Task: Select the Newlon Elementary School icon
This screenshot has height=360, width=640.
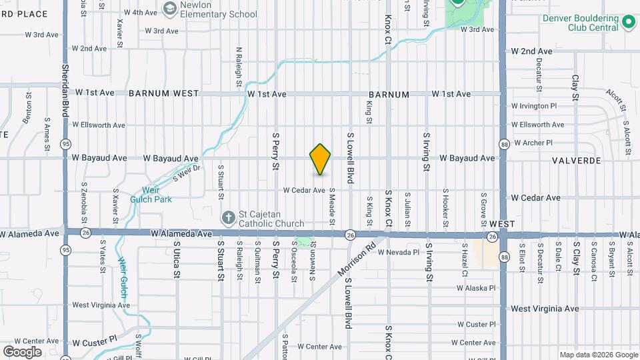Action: tap(169, 8)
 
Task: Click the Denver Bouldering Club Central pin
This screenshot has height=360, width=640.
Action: tap(627, 22)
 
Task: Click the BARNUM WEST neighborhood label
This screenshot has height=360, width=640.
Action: tap(164, 94)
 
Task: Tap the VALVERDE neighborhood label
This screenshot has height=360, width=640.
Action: tap(577, 161)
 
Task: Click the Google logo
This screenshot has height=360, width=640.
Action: tap(22, 351)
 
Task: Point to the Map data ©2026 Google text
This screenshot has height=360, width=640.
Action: tap(598, 355)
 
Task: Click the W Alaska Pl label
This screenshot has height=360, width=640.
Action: tap(476, 288)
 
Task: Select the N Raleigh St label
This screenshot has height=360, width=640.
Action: tap(238, 67)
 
